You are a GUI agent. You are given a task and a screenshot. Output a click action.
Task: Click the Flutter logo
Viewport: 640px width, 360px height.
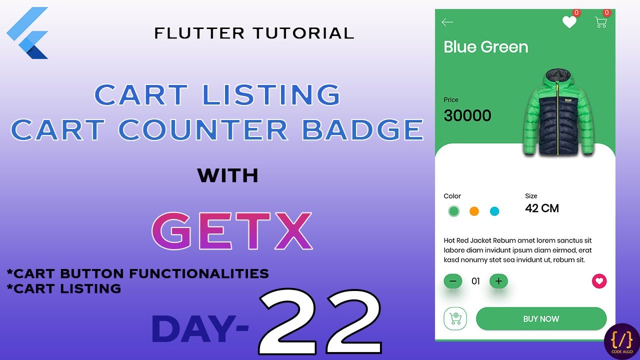(x=28, y=33)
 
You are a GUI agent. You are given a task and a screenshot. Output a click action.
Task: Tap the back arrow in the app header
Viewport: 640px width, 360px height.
(x=447, y=22)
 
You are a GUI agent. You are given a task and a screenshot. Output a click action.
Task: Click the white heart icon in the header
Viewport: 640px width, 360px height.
(x=569, y=22)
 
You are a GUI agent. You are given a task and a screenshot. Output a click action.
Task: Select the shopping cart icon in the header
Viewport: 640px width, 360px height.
(x=600, y=22)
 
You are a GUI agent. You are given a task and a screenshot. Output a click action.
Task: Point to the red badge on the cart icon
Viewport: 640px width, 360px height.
(x=607, y=12)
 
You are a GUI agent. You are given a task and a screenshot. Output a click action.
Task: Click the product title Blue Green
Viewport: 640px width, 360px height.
(x=485, y=47)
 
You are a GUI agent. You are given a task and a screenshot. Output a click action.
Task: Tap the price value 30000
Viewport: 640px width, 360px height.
(x=467, y=116)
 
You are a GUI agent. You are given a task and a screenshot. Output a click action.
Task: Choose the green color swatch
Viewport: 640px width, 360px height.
(x=454, y=211)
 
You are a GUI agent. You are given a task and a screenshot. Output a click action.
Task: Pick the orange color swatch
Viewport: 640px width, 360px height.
(x=474, y=211)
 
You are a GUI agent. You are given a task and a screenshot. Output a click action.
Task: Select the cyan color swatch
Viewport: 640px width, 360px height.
(x=494, y=211)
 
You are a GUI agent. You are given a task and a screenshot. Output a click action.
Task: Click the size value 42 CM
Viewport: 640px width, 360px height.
(x=542, y=208)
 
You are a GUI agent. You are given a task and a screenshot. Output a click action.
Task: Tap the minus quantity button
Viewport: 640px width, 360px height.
(x=453, y=281)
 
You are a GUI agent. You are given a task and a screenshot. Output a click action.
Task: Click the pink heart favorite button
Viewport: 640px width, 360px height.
(x=599, y=281)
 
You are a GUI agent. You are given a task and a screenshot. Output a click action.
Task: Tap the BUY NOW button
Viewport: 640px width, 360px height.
(x=541, y=319)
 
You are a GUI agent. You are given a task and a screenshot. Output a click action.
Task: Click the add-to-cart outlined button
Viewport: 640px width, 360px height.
(x=455, y=319)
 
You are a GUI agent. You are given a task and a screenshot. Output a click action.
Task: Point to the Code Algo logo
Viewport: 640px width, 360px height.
(x=621, y=342)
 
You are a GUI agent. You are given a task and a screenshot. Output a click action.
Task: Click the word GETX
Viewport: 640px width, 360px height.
(x=232, y=231)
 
